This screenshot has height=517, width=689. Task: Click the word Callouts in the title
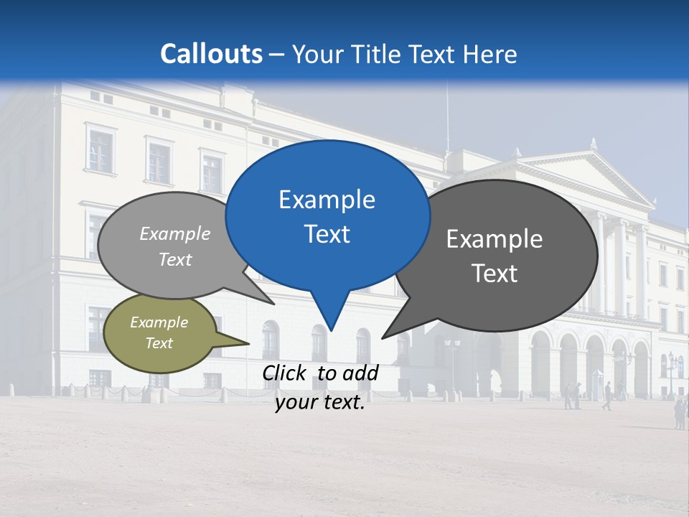[211, 54]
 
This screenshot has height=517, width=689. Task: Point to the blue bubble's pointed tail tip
[331, 330]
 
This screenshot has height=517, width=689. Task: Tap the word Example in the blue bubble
[327, 200]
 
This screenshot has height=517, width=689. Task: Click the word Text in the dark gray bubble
[495, 274]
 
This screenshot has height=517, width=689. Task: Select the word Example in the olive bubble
[159, 322]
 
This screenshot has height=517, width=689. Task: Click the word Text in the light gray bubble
[175, 259]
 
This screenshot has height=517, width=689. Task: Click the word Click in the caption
[285, 373]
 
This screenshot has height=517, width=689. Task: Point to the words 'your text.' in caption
[320, 403]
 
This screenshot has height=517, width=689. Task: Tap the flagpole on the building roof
[447, 115]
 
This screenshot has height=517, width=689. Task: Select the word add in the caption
[360, 373]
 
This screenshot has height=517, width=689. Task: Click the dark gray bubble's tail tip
[383, 337]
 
